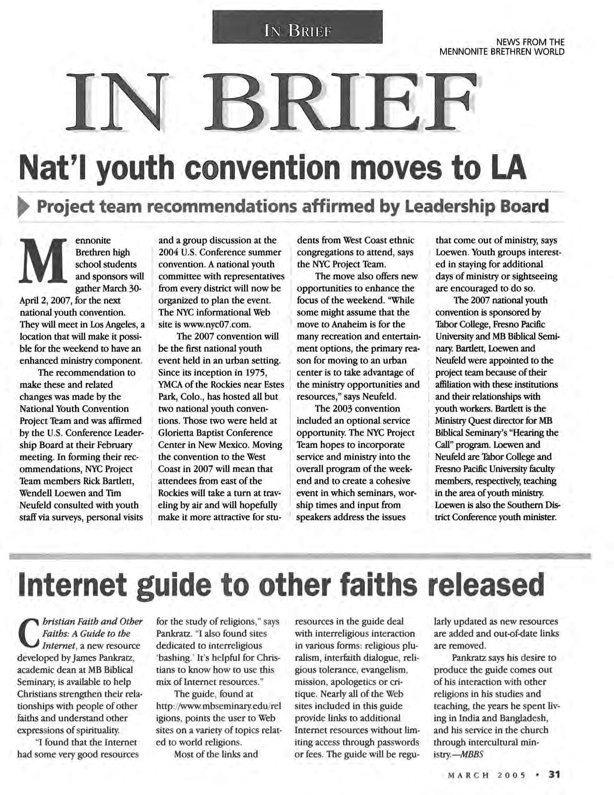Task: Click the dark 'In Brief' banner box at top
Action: click(297, 27)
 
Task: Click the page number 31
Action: click(554, 775)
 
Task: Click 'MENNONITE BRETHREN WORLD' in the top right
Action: click(502, 52)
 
